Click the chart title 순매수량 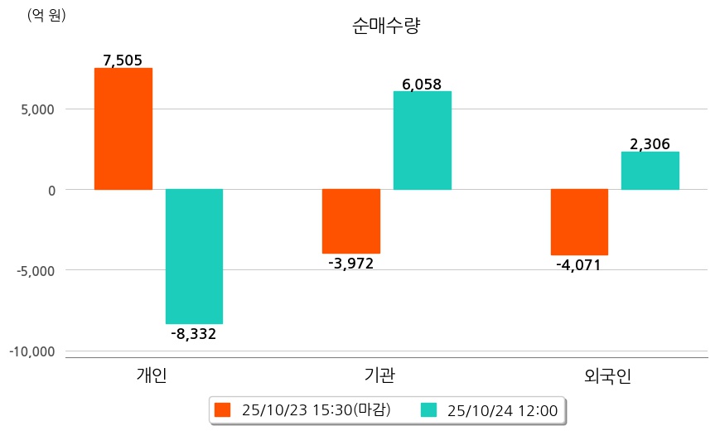click(386, 27)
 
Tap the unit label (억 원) click(46, 16)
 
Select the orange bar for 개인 click(123, 128)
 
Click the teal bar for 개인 click(194, 256)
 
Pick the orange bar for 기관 click(350, 220)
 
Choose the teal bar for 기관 click(422, 140)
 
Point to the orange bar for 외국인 click(579, 221)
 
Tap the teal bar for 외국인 click(650, 170)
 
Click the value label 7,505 click(123, 60)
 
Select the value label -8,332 click(193, 334)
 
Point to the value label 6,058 click(422, 84)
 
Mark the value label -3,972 click(350, 264)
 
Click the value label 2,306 click(650, 144)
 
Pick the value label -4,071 click(579, 265)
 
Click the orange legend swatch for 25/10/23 click(222, 409)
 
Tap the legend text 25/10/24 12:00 click(502, 409)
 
